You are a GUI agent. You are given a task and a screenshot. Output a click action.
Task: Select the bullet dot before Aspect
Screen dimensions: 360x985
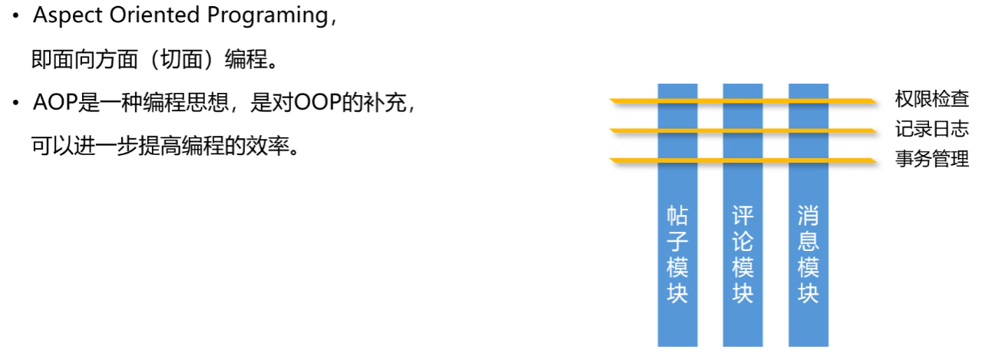point(15,17)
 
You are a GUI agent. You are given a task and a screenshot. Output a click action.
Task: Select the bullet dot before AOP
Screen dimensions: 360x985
point(15,104)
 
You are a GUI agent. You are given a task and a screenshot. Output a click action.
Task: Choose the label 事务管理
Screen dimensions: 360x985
point(931,159)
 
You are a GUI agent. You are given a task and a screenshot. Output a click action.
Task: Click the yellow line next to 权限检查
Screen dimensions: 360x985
point(852,101)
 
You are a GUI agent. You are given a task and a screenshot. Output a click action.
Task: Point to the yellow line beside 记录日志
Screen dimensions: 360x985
point(852,130)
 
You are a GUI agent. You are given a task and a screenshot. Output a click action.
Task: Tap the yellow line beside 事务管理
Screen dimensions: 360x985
point(852,160)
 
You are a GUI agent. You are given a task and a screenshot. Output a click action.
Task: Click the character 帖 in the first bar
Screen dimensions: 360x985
point(677,215)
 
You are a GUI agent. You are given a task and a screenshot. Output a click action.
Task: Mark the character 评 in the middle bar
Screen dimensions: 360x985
point(742,215)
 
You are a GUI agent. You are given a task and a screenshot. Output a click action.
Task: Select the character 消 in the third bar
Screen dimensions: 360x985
point(808,215)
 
